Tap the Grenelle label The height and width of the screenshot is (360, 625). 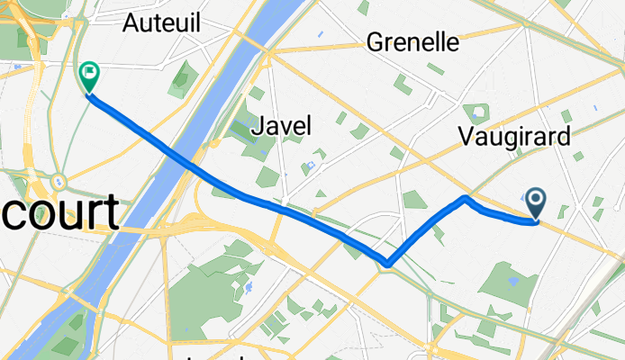coord(413,42)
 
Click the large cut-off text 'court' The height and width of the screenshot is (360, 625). coord(59,214)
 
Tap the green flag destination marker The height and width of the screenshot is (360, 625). coord(90,76)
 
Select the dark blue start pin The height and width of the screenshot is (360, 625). coord(535,203)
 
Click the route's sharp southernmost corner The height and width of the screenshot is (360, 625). coord(388,264)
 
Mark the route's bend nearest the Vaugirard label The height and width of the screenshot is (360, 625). coord(465,197)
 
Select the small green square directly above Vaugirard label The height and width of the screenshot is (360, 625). coord(477,112)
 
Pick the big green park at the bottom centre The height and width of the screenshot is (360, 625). coord(207,292)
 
